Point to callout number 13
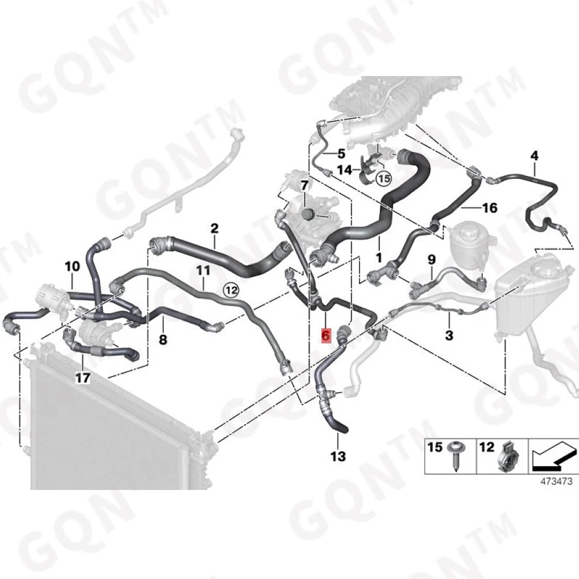pos(338,456)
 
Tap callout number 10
pos(72,267)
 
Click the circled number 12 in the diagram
pos(230,289)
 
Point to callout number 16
pos(489,208)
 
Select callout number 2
pos(214,229)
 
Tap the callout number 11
pos(203,271)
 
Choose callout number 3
pos(449,335)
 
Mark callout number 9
pos(431,259)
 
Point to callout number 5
pos(341,153)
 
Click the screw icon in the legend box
pos(458,457)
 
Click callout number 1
pos(377,257)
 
